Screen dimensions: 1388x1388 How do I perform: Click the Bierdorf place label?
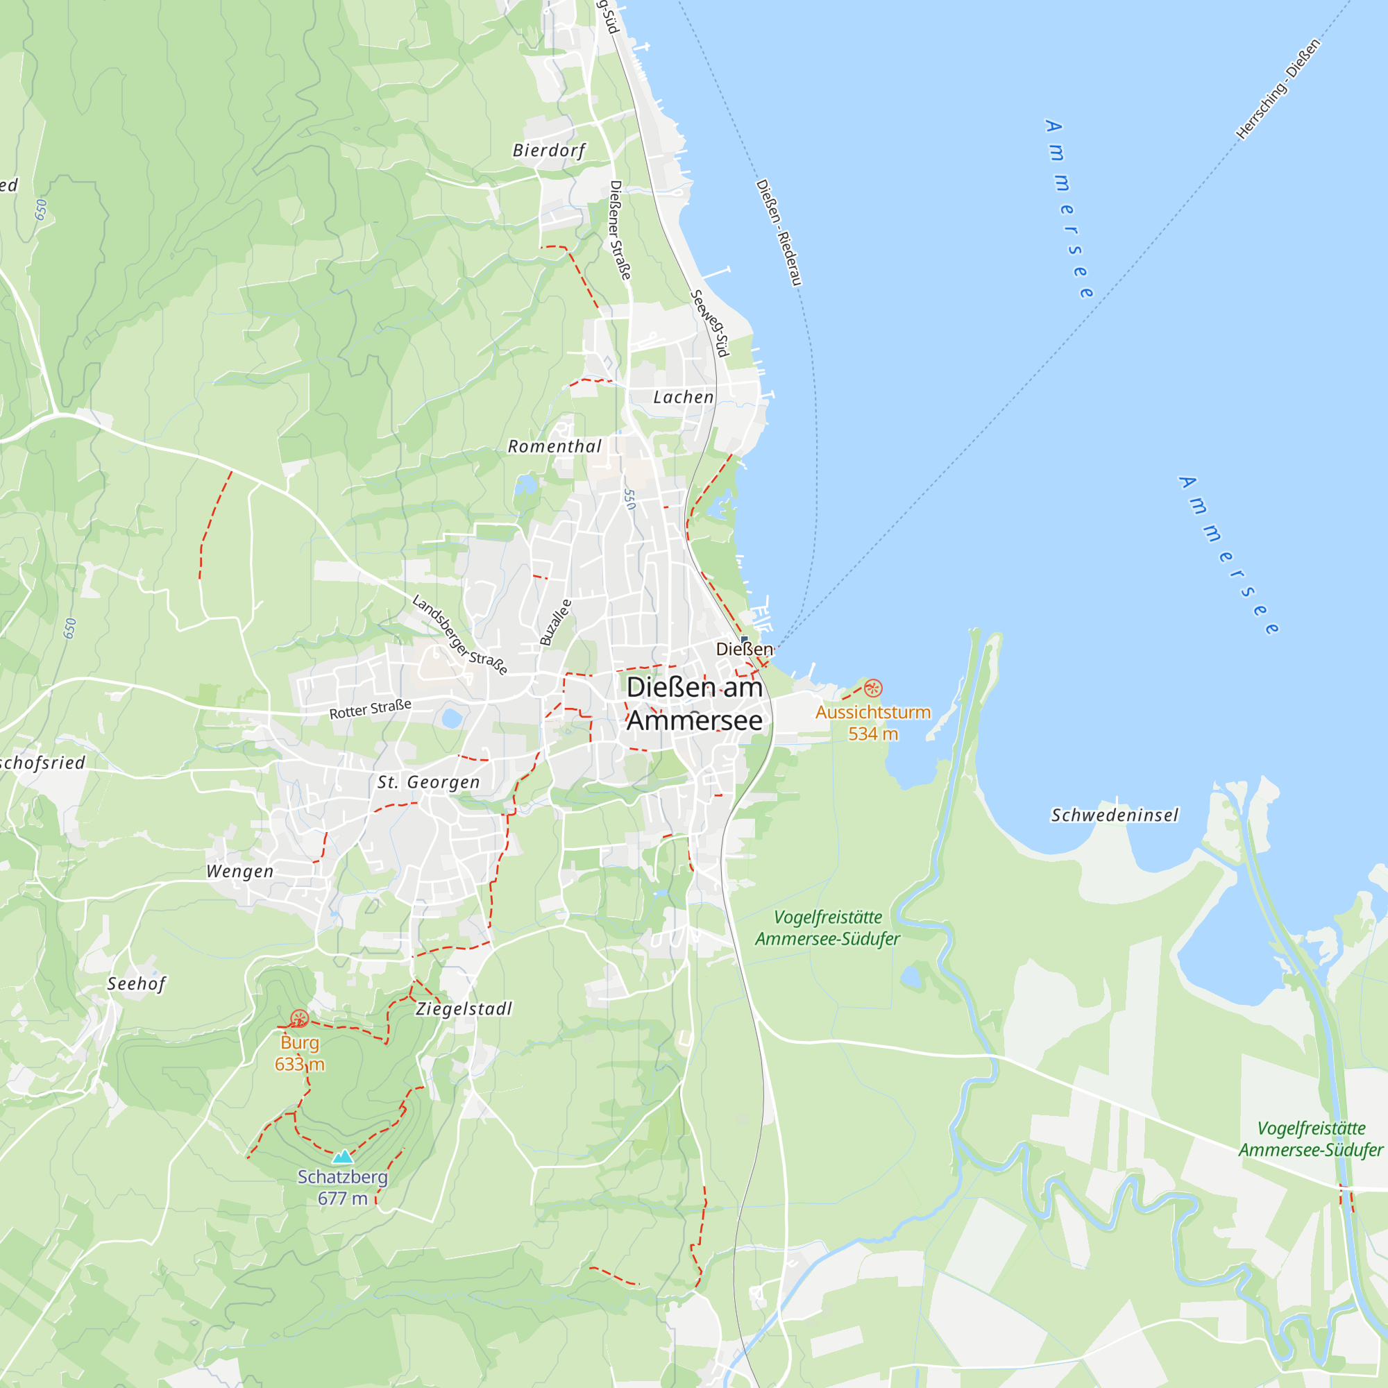point(549,151)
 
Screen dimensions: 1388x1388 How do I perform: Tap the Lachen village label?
point(683,397)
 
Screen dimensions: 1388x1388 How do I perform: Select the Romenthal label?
point(555,446)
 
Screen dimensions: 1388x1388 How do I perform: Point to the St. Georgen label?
point(429,782)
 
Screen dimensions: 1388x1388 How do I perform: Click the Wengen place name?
point(240,872)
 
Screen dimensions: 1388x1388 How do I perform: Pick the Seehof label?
point(137,983)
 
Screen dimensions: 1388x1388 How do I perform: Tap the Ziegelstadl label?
point(464,1008)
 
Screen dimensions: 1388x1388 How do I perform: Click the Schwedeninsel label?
point(1115,815)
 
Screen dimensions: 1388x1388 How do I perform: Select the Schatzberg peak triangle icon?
point(343,1156)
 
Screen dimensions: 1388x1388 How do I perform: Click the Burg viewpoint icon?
point(300,1019)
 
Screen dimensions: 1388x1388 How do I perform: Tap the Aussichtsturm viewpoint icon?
point(873,688)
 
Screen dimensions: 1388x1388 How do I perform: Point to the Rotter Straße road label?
point(371,709)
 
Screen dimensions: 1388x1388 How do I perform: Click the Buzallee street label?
point(556,622)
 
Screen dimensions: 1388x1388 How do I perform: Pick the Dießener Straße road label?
point(620,230)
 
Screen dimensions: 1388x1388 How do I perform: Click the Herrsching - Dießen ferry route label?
point(1278,88)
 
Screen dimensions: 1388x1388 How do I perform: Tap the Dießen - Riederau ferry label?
point(779,232)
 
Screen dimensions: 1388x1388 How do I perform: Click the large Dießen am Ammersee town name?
point(694,704)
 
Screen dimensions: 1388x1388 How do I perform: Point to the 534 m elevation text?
point(873,734)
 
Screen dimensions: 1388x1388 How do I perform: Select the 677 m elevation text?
point(343,1199)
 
